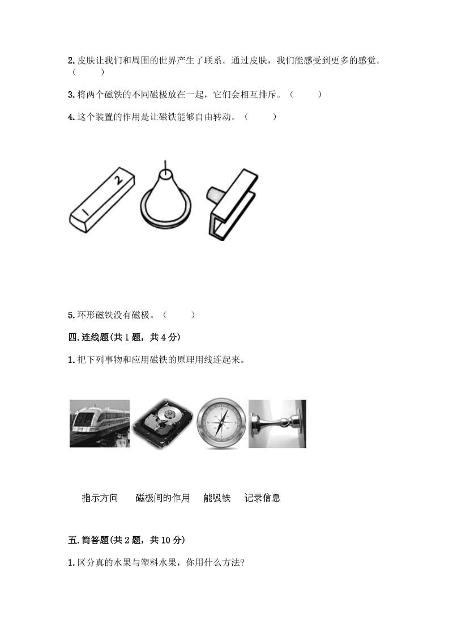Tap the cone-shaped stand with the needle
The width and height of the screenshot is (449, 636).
(166, 197)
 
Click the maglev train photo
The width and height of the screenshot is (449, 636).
(100, 423)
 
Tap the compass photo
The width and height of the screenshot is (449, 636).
(221, 423)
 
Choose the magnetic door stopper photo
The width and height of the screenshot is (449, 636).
(277, 423)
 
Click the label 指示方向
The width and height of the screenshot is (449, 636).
(100, 498)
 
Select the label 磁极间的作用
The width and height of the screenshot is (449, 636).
(163, 498)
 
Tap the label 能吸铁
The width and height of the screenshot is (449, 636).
(217, 498)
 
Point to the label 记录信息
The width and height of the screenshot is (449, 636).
(262, 498)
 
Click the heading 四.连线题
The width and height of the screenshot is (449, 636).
(89, 337)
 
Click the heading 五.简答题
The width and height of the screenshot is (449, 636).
(89, 540)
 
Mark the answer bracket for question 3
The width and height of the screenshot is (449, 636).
(306, 95)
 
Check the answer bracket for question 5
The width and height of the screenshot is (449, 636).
(179, 315)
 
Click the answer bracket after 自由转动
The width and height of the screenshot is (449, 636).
(260, 117)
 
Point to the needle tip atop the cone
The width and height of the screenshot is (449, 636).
(165, 161)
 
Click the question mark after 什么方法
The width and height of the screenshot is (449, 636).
(242, 562)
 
